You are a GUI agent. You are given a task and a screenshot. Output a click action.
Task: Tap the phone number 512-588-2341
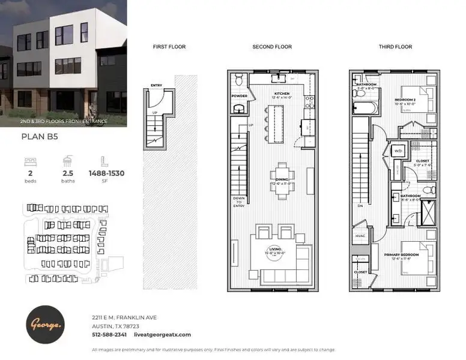coord(109,335)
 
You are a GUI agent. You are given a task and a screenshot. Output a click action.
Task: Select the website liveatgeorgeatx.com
coord(162,335)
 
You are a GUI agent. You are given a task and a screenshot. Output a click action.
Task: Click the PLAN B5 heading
coord(38,137)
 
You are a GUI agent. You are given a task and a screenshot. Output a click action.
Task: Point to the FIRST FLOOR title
coord(169,47)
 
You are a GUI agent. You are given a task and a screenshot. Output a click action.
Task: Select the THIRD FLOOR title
coord(395,47)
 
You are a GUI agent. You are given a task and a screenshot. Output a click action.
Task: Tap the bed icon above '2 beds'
coord(30,161)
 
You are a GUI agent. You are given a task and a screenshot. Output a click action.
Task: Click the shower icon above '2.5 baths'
coord(67,161)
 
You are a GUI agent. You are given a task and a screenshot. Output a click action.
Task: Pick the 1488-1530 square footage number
coord(106,173)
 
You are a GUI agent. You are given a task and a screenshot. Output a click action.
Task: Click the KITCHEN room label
coord(282,94)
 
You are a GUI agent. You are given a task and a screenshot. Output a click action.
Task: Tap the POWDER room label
coord(238,95)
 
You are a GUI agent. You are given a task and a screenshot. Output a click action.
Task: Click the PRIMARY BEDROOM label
coord(401,255)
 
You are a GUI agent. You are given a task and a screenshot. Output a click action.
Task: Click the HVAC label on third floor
coord(360,236)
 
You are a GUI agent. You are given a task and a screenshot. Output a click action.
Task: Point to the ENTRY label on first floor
coord(157,86)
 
